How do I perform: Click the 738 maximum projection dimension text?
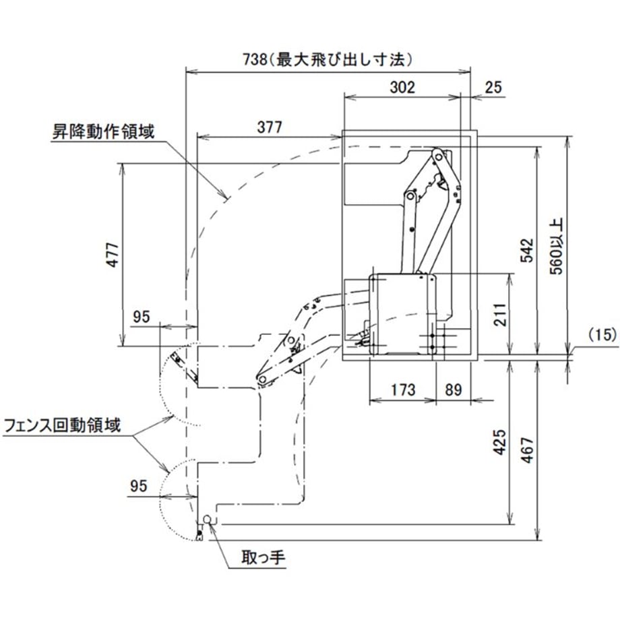(x=328, y=60)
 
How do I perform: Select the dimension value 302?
(x=402, y=88)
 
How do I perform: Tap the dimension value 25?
(x=493, y=88)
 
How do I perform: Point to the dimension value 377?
(x=270, y=127)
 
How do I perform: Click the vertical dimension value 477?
(x=113, y=255)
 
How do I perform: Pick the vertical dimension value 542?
(x=527, y=250)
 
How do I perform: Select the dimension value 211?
(x=500, y=315)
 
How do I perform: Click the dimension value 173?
(x=403, y=390)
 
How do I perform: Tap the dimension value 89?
(x=453, y=390)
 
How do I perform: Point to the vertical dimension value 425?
(x=500, y=442)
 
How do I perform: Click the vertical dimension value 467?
(x=527, y=450)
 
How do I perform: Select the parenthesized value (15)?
(x=602, y=335)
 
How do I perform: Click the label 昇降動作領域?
(x=103, y=131)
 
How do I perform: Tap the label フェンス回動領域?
(x=62, y=426)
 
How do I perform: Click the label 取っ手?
(x=263, y=557)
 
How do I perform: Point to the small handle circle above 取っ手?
(x=208, y=519)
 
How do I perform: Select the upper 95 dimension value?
(x=141, y=317)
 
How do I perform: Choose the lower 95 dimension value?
(x=138, y=486)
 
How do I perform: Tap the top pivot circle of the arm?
(x=438, y=157)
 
